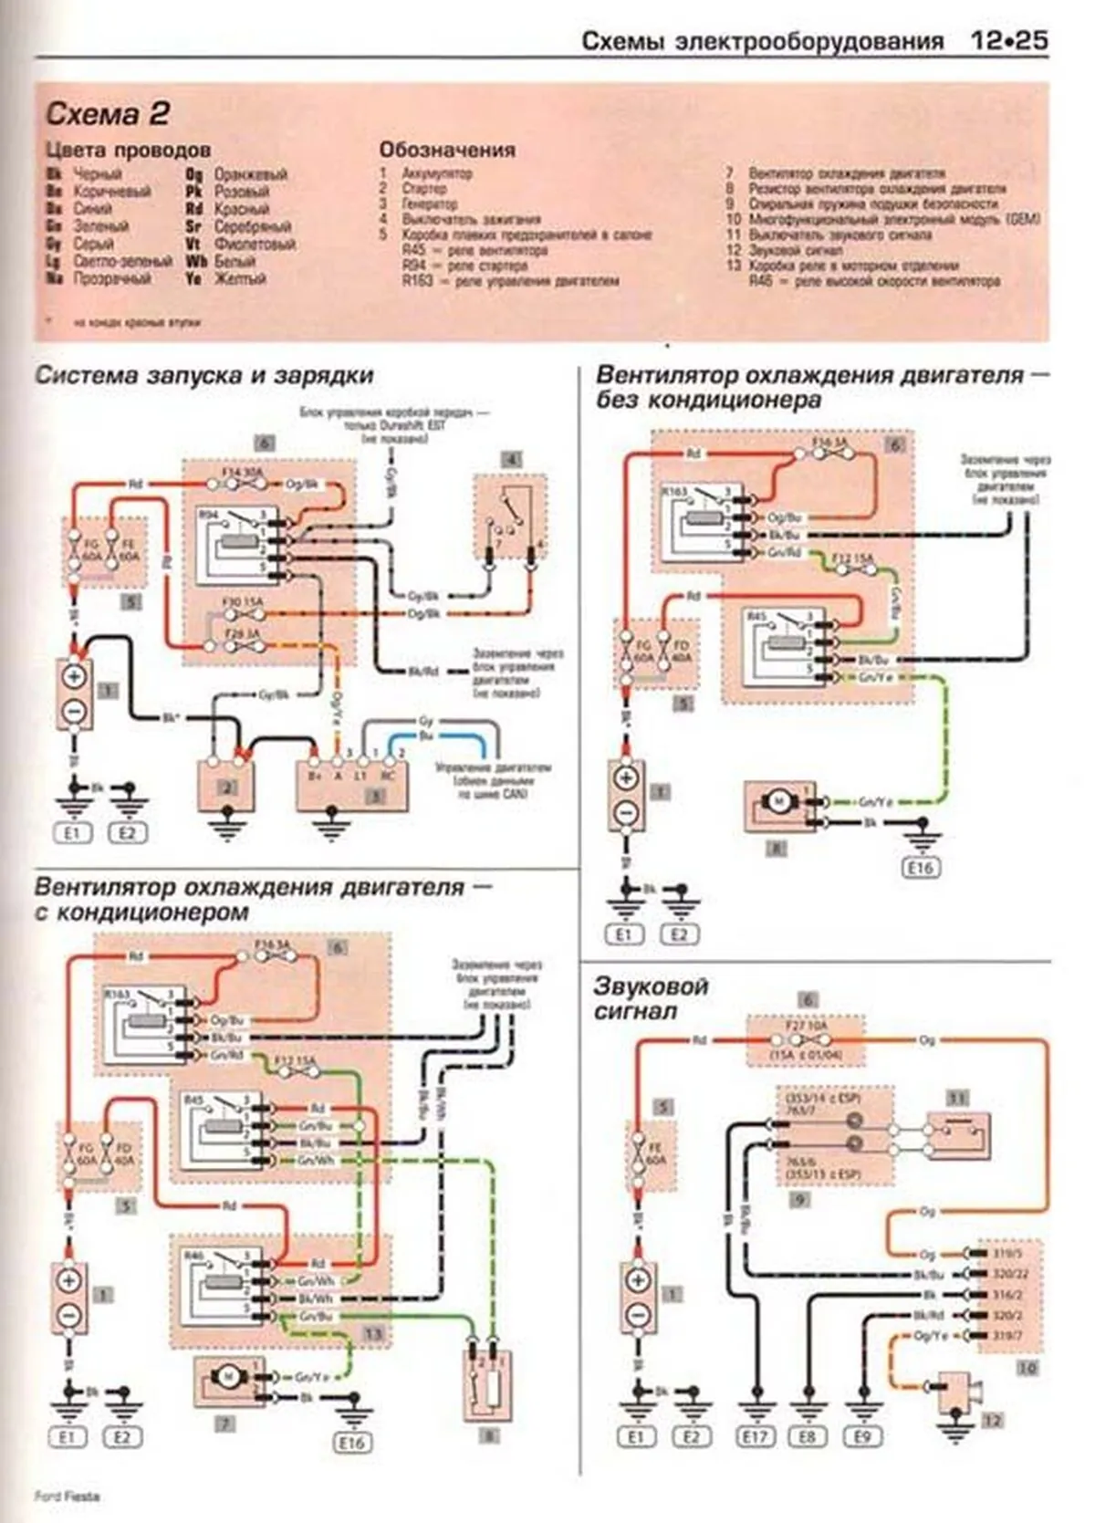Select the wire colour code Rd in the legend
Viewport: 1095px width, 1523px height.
tap(193, 209)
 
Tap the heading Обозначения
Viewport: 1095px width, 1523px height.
tap(447, 150)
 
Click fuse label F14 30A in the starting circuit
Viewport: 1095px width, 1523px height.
tap(242, 473)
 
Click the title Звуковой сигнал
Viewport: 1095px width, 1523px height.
tap(650, 998)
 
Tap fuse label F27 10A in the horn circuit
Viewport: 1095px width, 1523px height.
tap(806, 1027)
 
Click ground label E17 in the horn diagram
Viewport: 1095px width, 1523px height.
tap(755, 1437)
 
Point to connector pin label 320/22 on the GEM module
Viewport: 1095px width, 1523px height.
tap(1007, 1274)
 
